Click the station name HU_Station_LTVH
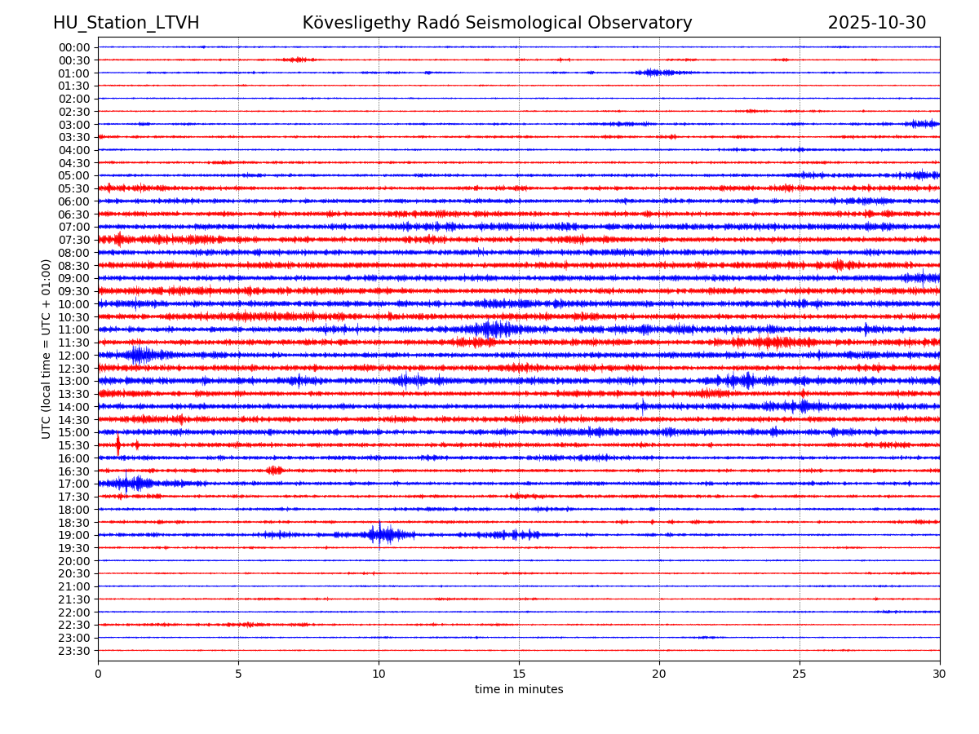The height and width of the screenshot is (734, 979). coord(126,23)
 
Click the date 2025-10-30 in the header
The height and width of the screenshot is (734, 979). coord(876,23)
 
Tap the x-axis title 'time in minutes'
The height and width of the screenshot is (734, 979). coord(519,690)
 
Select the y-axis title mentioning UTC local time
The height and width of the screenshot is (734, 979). coord(47,348)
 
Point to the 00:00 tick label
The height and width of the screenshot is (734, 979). coord(73,47)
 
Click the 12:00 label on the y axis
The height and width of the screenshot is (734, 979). coord(73,356)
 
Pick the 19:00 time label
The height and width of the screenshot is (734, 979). coord(73,535)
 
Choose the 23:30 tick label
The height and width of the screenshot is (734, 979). coord(73,651)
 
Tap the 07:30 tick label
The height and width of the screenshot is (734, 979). coord(73,240)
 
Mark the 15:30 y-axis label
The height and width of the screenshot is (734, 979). coord(73,445)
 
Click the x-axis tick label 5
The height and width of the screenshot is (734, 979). coord(238,674)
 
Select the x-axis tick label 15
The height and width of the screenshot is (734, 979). coord(519,674)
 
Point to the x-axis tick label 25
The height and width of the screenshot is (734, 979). coord(800,674)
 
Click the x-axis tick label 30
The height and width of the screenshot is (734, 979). coord(940,674)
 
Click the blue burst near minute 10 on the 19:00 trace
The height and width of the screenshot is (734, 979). coord(381,534)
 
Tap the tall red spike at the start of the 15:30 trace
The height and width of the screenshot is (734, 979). coord(118,444)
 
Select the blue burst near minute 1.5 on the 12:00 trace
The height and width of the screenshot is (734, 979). coord(139,355)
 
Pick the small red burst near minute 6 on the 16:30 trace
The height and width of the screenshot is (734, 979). coord(274,471)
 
